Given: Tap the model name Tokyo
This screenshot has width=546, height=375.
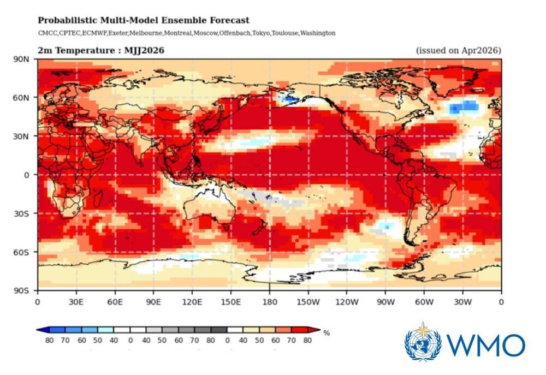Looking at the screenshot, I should pos(260,33).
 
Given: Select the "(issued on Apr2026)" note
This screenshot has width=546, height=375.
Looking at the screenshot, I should pos(458,51).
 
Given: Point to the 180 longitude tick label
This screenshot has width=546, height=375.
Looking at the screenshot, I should pos(269,301).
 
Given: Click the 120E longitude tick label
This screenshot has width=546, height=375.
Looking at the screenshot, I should pos(192,301).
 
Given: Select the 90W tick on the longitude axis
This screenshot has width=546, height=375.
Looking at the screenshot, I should pos(385,301).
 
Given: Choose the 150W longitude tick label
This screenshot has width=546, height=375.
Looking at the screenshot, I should pos(308,301).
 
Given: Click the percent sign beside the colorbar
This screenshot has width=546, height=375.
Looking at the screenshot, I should pos(327,332).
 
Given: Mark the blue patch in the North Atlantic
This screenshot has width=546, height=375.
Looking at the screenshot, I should pos(463,106).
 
